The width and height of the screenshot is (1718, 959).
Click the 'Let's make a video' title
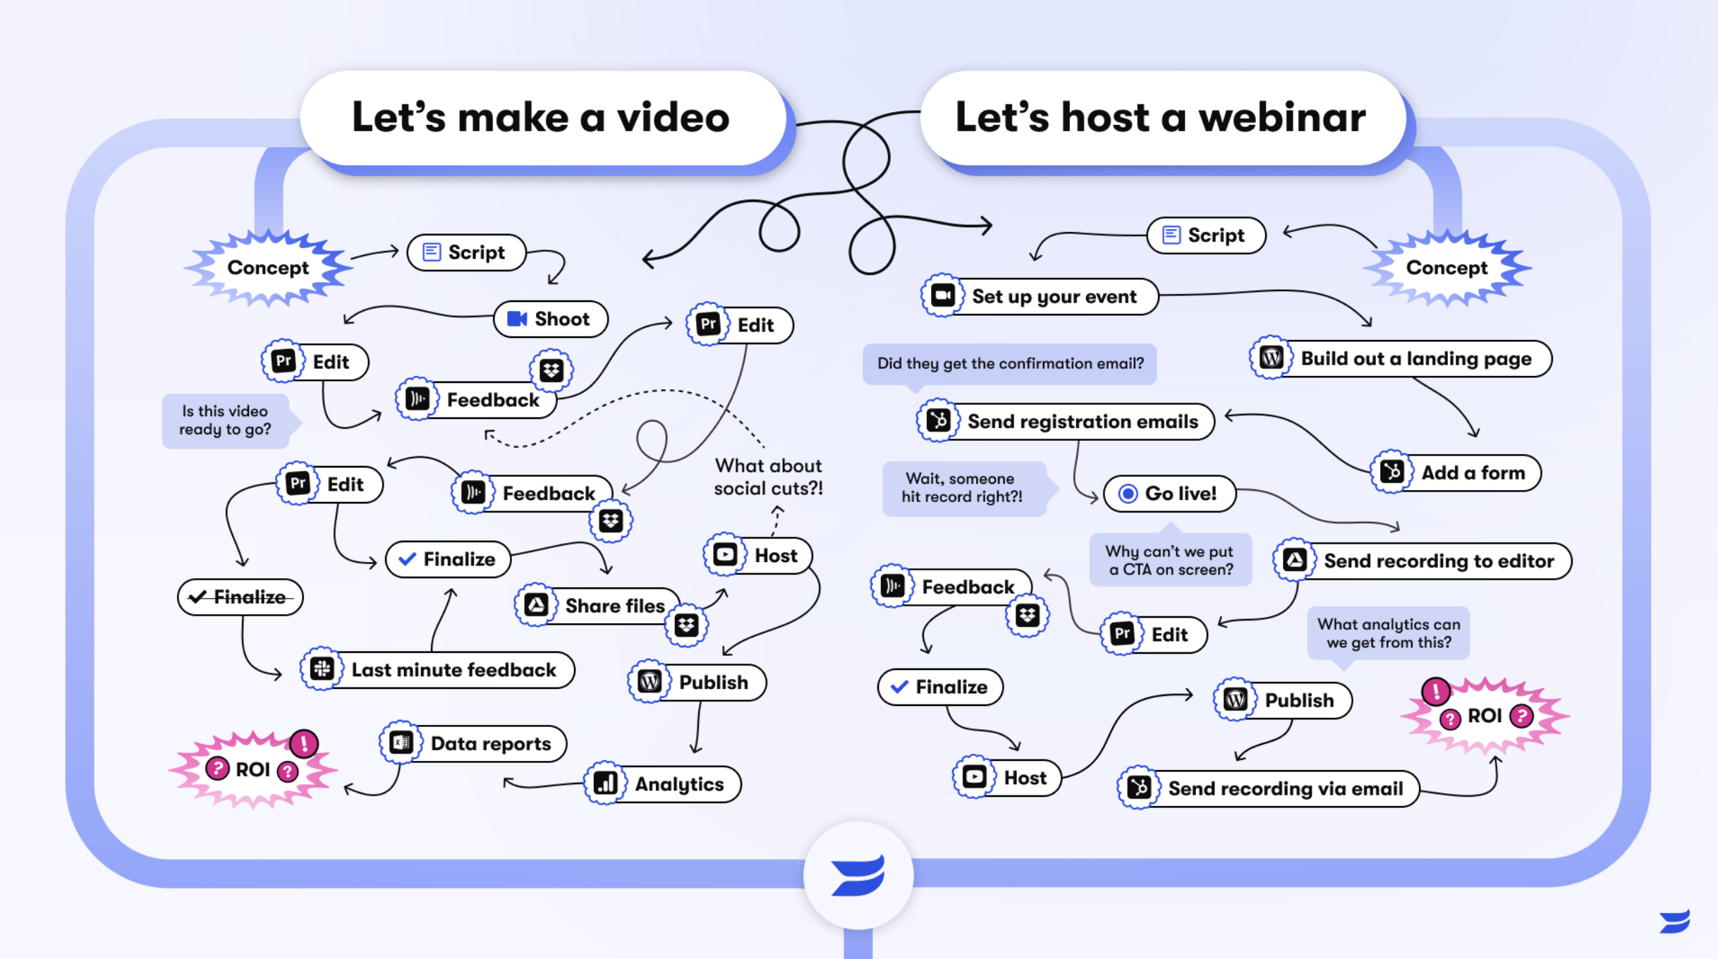pos(542,118)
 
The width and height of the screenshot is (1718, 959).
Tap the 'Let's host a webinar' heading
pos(1161,118)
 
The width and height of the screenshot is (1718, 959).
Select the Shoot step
pos(551,319)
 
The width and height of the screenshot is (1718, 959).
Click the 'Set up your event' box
pos(1040,297)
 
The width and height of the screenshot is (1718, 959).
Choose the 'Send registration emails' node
pos(1066,422)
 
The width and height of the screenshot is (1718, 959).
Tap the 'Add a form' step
pos(1457,473)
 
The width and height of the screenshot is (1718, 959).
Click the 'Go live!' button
pos(1170,494)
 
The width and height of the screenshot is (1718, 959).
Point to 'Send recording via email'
pos(1269,788)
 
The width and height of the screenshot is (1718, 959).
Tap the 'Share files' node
pos(599,606)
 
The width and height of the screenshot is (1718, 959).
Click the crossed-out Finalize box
pos(240,597)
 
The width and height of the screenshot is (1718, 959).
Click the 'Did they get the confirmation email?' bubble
pos(1009,364)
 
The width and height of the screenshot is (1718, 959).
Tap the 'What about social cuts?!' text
pos(768,477)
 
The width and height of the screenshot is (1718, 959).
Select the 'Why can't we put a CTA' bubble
pos(1170,561)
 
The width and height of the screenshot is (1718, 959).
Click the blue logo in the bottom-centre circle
pos(858,876)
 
